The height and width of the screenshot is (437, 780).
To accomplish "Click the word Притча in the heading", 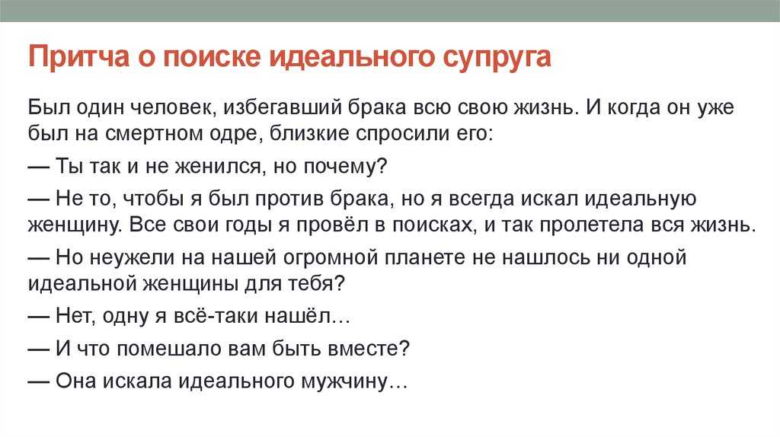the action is coord(78,56).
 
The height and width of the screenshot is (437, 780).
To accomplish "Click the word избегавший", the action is coord(282,107).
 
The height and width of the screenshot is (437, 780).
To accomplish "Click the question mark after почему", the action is coord(382,165).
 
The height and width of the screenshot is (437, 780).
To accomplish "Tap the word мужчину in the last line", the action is coord(344,382).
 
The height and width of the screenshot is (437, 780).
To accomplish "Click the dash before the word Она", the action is coord(38,381).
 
